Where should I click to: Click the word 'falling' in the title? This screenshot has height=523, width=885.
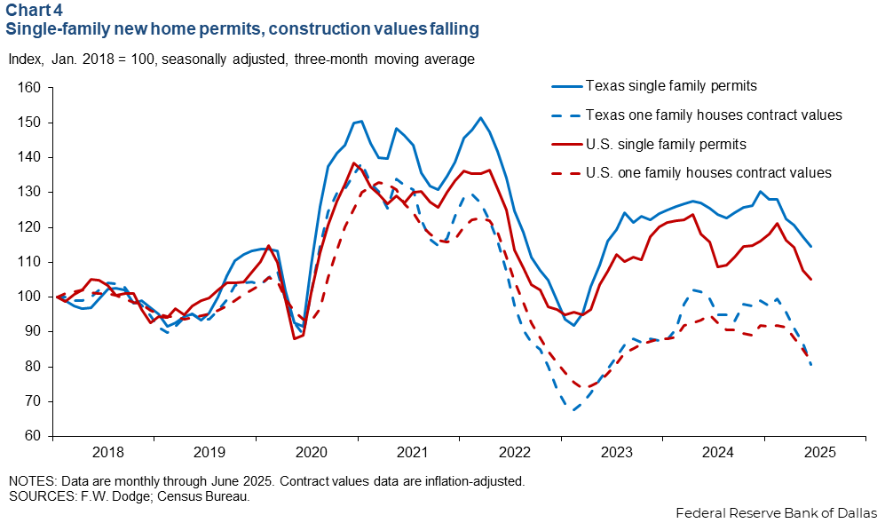click(x=452, y=29)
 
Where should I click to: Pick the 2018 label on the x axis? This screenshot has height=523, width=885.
click(x=104, y=451)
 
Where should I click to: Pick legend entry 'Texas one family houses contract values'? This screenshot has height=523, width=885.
click(x=714, y=115)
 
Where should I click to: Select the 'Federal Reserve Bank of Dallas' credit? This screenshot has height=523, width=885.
click(x=777, y=512)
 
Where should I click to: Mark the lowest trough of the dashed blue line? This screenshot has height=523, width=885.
click(x=574, y=409)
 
